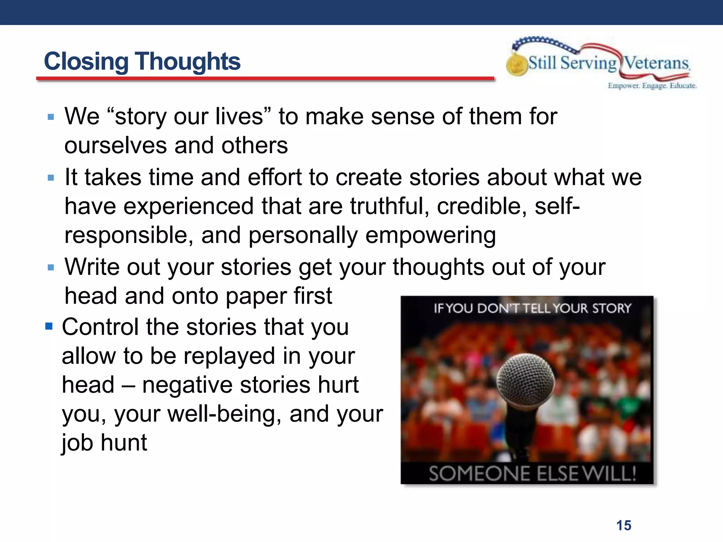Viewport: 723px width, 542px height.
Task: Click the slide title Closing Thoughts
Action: pyautogui.click(x=142, y=61)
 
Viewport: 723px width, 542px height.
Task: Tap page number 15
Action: pyautogui.click(x=623, y=525)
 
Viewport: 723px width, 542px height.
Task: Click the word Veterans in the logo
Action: pyautogui.click(x=656, y=64)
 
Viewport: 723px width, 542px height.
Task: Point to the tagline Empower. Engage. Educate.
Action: pyautogui.click(x=652, y=86)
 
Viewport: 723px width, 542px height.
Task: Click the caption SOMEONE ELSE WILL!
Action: pyautogui.click(x=532, y=474)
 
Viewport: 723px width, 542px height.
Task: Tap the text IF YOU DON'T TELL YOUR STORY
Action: pyautogui.click(x=532, y=308)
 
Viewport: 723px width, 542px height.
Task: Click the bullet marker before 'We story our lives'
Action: pyautogui.click(x=51, y=117)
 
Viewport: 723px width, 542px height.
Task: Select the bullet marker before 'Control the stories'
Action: pyautogui.click(x=49, y=326)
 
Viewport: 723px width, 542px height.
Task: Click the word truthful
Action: pyautogui.click(x=389, y=206)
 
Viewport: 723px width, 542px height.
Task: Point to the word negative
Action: pyautogui.click(x=187, y=385)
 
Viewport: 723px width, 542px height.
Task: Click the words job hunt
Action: pyautogui.click(x=104, y=443)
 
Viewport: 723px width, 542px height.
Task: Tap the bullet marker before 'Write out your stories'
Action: pyautogui.click(x=51, y=267)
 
